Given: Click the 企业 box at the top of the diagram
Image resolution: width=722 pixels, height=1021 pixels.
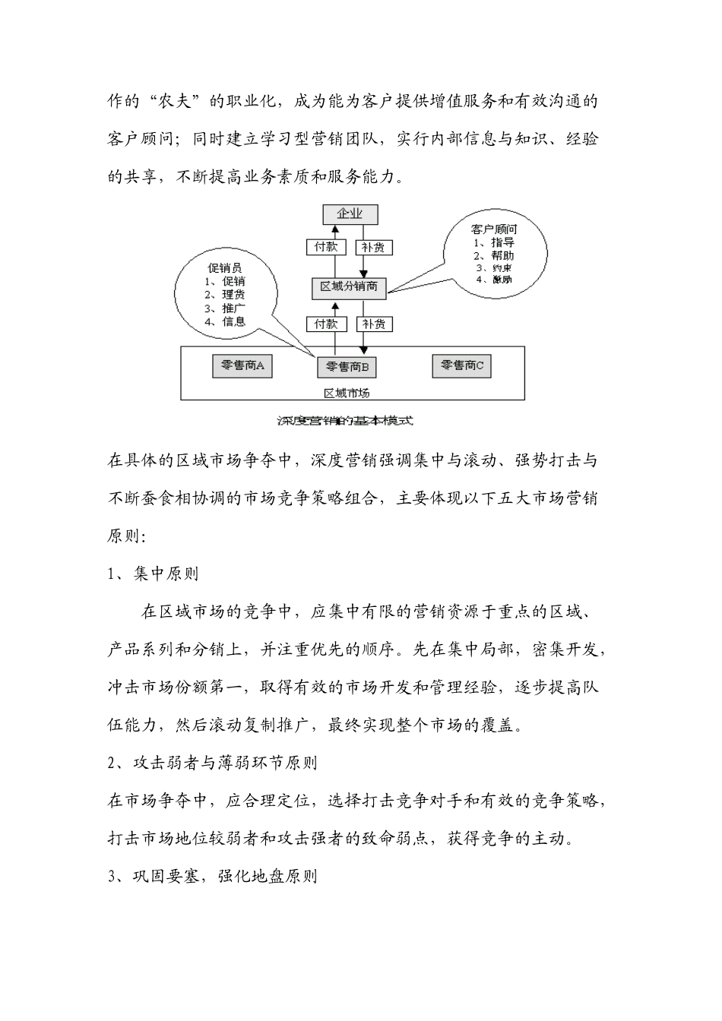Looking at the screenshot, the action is pos(350,215).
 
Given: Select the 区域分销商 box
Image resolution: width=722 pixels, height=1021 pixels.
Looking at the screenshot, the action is pos(349,287).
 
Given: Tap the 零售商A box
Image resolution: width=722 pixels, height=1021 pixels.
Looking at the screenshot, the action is pos(242,365).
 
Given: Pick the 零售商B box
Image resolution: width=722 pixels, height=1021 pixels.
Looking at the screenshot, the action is pos(347,367).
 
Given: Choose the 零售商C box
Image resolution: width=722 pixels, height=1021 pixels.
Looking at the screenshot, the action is pos(461,365).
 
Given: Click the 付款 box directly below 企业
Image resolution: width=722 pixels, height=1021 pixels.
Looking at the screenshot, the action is pos(326,247).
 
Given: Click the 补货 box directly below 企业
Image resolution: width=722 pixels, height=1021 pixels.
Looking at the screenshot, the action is pos(372,247).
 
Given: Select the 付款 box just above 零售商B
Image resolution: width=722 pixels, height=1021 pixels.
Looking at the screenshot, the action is pos(326,324).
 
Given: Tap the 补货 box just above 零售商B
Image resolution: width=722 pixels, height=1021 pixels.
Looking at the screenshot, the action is pos(372,324).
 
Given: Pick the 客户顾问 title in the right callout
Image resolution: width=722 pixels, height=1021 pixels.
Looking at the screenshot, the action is pos(494,229).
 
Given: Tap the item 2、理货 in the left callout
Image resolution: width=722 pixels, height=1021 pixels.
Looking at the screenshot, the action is pos(225,295).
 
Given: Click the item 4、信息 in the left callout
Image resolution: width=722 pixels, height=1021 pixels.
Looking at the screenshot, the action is pos(225,321).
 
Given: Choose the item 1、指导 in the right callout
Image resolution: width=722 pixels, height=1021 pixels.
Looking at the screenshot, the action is pos(494,242).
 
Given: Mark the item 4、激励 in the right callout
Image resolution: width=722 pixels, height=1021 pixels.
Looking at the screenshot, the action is pos(494,280).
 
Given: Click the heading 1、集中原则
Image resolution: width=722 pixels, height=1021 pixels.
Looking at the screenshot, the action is pos(154,574).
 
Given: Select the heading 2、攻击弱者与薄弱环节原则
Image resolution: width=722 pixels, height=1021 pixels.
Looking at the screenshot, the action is pos(213,763).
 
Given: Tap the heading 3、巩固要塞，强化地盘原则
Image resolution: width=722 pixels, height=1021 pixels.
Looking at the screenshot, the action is pos(213,876).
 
